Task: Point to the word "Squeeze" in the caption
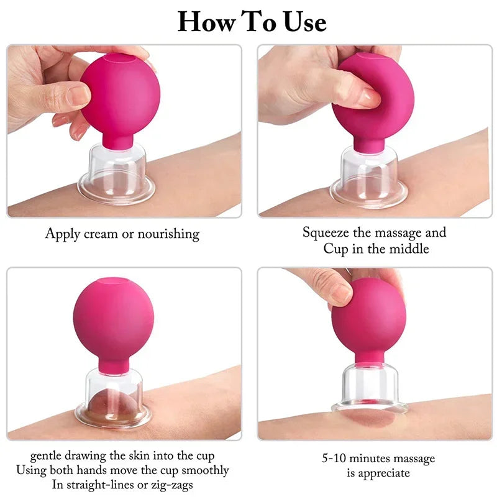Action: (327, 233)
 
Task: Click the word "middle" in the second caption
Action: (409, 249)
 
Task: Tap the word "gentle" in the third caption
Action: (48, 457)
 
